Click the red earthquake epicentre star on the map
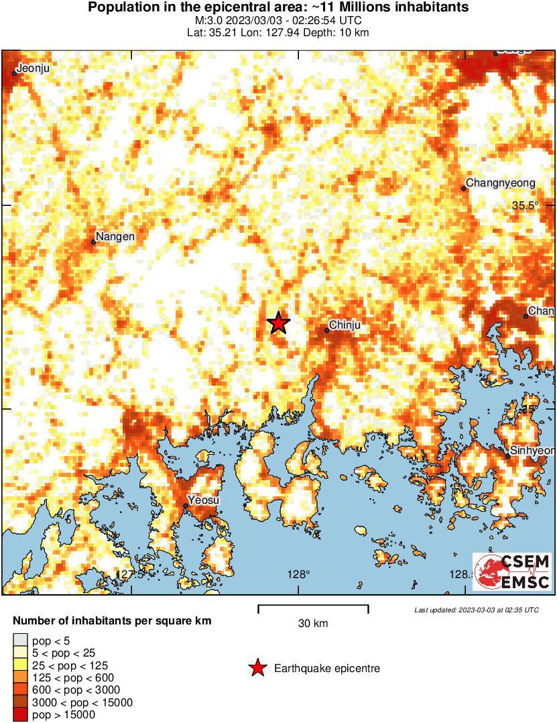click(x=279, y=323)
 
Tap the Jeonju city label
click(x=33, y=68)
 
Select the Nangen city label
click(x=115, y=236)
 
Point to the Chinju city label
click(x=347, y=325)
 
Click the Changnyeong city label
click(x=500, y=183)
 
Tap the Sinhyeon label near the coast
click(x=532, y=451)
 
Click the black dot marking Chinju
click(x=327, y=330)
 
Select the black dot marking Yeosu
click(x=186, y=506)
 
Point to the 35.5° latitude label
click(x=525, y=206)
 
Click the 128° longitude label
click(x=298, y=574)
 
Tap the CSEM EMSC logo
click(x=513, y=572)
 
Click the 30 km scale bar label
click(x=313, y=624)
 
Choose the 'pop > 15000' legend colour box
click(x=20, y=715)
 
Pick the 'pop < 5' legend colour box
click(x=20, y=639)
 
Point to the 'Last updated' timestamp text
click(x=476, y=610)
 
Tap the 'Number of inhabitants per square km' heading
click(x=112, y=621)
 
